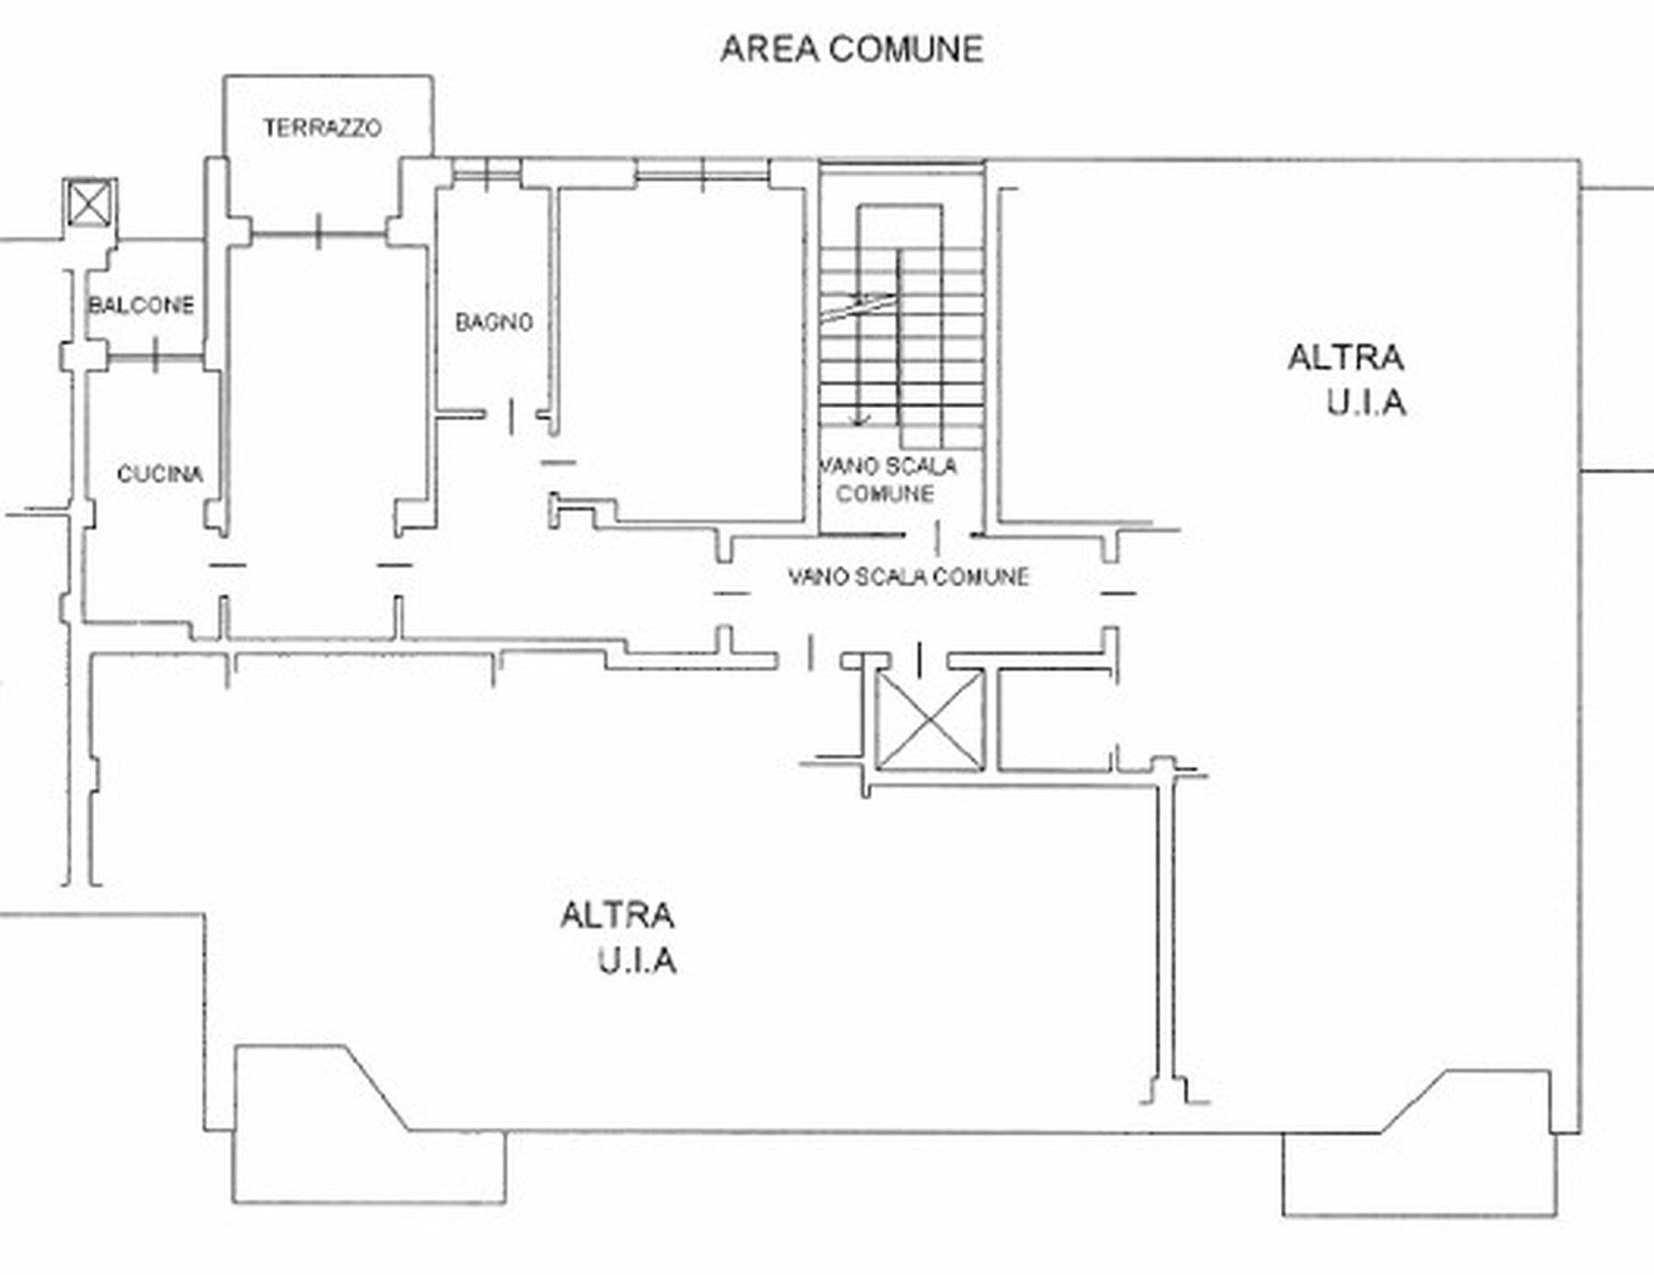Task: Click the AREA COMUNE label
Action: pos(852,49)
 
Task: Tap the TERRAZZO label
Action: pos(322,128)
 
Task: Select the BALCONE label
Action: pos(142,305)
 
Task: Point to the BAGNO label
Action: pos(494,322)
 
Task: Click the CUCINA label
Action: pos(160,474)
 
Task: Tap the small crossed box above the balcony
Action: pos(90,203)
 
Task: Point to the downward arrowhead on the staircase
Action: pos(859,421)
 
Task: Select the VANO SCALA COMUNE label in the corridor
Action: pos(908,577)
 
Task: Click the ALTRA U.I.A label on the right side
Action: pos(1347,379)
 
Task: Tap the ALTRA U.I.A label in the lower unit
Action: pos(618,938)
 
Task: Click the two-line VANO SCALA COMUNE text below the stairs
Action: pos(888,480)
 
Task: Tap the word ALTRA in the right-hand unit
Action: pos(1345,357)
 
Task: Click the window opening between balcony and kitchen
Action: pos(154,355)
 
